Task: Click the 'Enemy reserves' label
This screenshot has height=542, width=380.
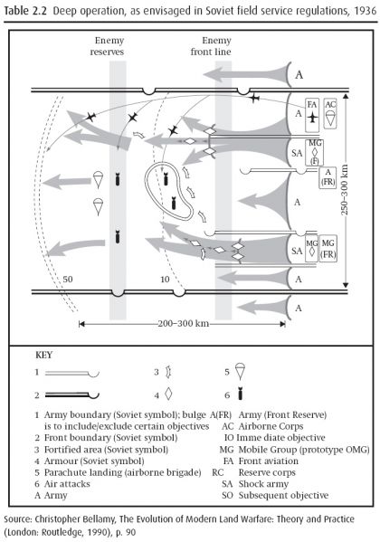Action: point(107,46)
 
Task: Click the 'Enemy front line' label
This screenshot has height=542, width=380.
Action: point(211,46)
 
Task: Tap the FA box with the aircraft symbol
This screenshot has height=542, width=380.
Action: point(312,115)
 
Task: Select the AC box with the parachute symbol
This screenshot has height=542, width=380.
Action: point(330,114)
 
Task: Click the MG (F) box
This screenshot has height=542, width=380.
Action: point(314,152)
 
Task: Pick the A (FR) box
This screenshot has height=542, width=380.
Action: point(328,177)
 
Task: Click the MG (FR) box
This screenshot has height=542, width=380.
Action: point(328,249)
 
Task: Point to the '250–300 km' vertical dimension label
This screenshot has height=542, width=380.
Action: point(345,189)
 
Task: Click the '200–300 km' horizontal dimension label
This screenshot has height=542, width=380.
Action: point(184,324)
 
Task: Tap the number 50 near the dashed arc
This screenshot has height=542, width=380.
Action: point(68,279)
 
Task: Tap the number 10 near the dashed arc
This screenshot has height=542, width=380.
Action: point(165,279)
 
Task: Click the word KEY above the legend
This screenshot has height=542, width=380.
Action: point(44,355)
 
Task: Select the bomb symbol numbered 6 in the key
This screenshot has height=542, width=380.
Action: point(241,395)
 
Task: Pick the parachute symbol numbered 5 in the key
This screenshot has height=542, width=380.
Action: point(240,371)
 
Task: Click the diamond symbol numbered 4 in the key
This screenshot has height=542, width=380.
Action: point(168,395)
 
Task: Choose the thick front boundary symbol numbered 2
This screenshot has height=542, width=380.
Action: point(71,395)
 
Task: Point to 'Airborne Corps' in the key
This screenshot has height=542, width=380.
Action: point(271,426)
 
